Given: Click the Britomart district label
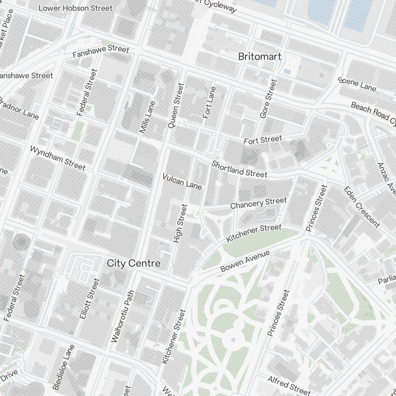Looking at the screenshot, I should pyautogui.click(x=260, y=57).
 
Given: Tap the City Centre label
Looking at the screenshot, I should pyautogui.click(x=134, y=263).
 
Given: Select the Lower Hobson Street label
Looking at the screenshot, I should pyautogui.click(x=75, y=8).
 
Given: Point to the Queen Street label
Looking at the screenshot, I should pyautogui.click(x=176, y=105).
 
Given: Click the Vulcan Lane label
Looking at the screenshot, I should pyautogui.click(x=182, y=181).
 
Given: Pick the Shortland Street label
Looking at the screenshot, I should pyautogui.click(x=239, y=169).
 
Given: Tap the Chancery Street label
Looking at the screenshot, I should pyautogui.click(x=258, y=204).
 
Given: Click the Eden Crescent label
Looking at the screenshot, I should pyautogui.click(x=362, y=207).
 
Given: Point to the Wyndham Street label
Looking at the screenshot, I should pyautogui.click(x=58, y=158).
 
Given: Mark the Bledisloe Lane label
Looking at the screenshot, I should pyautogui.click(x=64, y=367).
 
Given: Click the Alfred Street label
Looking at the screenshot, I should pyautogui.click(x=289, y=385).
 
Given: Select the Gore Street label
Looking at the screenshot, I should pyautogui.click(x=268, y=99).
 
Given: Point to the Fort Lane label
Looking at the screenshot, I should pyautogui.click(x=209, y=102).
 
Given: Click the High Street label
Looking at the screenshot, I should pyautogui.click(x=179, y=223).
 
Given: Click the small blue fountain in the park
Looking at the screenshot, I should pyautogui.click(x=233, y=340).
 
